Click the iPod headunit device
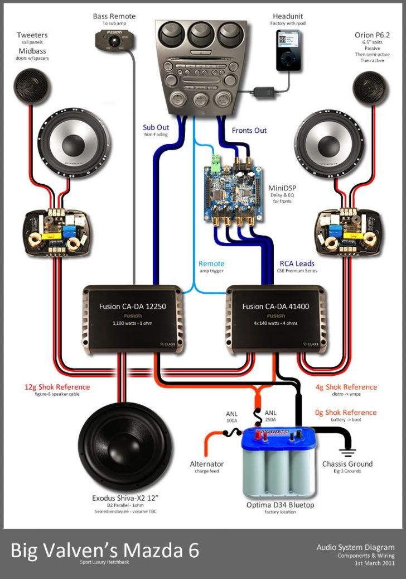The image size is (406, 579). coord(288,50)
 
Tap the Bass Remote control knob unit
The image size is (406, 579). coord(114,39)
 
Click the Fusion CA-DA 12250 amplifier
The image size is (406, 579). coord(132,319)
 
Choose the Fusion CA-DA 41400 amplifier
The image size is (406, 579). coord(275,319)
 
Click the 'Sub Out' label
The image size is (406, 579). coord(156,128)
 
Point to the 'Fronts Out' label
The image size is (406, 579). coord(249,131)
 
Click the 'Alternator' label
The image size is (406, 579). coord(206,464)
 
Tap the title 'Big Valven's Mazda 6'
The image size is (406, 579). coord(105,550)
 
